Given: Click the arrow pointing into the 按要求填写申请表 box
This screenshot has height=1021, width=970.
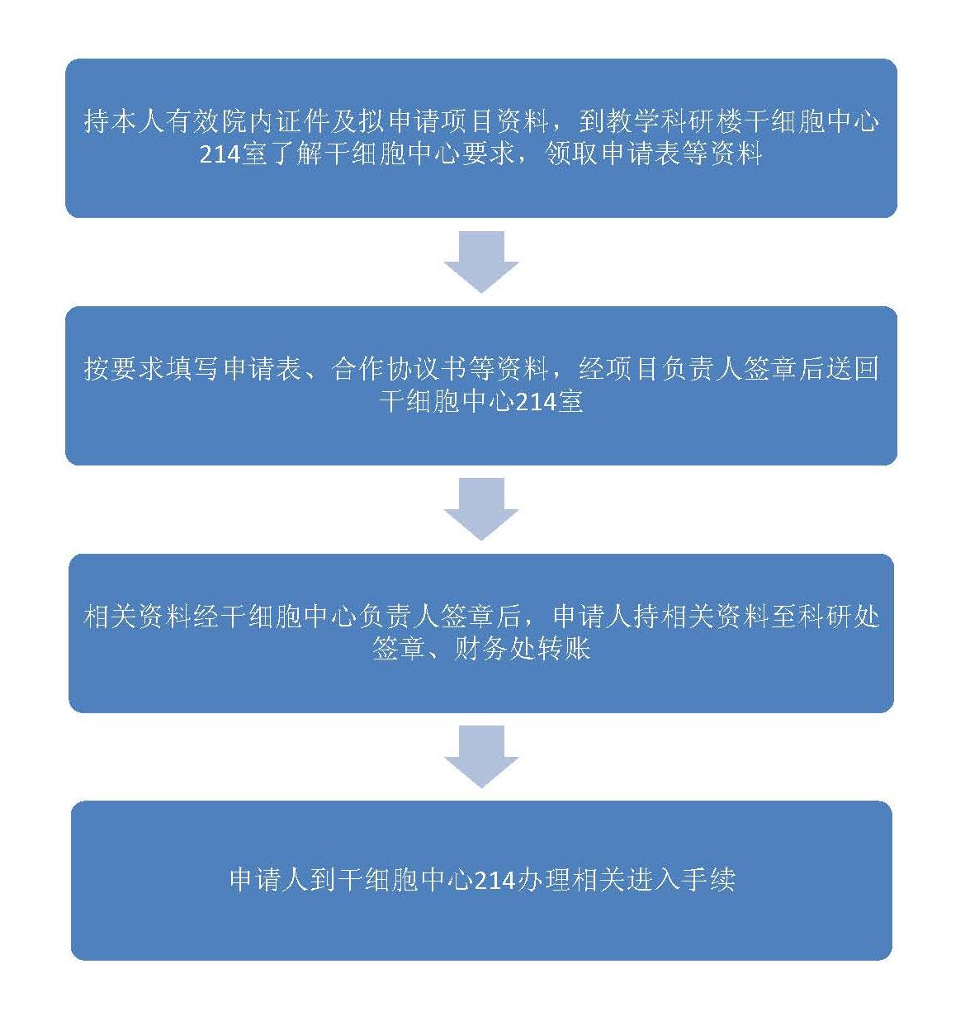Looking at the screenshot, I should [x=481, y=262].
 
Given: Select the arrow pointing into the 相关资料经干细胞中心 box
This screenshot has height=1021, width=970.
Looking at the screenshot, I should [x=481, y=510].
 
